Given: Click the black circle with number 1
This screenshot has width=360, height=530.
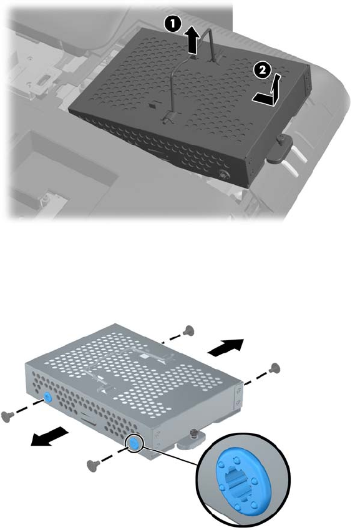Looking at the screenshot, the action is pos(173,25).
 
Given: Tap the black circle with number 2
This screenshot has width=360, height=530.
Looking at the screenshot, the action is pos(263,71).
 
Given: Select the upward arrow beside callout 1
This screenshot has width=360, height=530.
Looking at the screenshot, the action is pos(193,41).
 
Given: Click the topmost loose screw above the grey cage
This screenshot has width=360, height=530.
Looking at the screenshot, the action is pos(188,331).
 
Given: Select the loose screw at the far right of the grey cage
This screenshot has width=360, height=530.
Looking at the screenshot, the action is pos(275,368).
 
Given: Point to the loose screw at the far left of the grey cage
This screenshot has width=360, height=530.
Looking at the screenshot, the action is pos(6,416).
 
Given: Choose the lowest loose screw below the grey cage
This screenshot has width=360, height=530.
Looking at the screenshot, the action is pos(92,465).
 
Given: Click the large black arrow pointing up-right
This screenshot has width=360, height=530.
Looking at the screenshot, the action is pos(226,347).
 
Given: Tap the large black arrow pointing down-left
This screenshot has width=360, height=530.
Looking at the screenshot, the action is pos(50,436).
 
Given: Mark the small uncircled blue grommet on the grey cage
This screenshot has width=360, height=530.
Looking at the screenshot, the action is pos(47,398).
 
